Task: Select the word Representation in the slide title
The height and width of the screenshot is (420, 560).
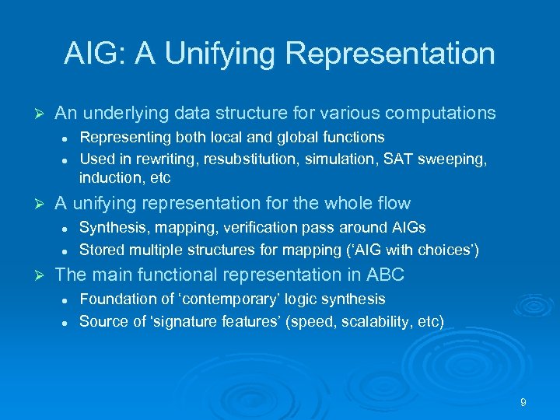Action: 390,54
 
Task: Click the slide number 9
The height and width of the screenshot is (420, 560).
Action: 523,402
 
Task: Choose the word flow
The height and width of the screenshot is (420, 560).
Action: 392,204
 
